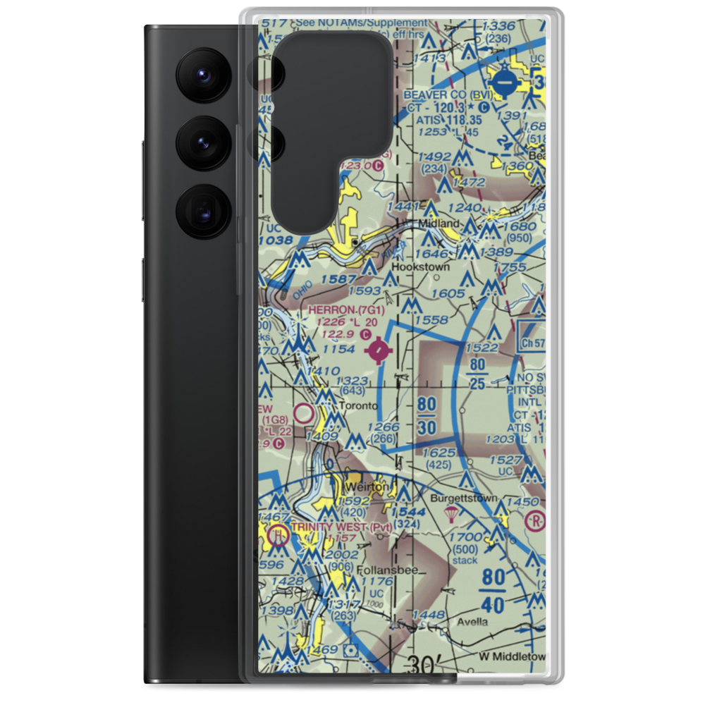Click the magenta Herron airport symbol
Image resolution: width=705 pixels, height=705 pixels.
click(x=379, y=350)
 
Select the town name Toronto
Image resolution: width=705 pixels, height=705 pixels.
click(x=358, y=407)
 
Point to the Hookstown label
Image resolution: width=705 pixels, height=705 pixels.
click(x=420, y=267)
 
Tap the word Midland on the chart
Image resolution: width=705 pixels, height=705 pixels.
click(x=439, y=223)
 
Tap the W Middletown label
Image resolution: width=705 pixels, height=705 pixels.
click(x=512, y=656)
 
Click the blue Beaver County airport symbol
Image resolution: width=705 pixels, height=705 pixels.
click(x=505, y=82)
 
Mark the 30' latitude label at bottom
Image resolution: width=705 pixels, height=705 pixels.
click(x=424, y=664)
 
